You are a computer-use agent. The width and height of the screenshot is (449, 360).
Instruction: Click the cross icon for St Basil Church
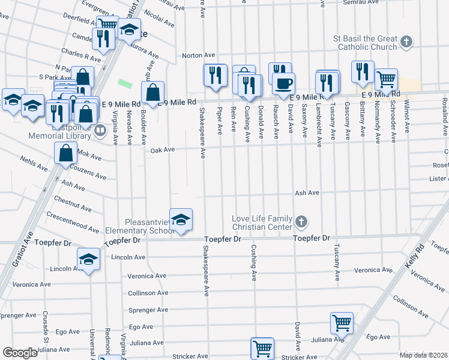pyautogui.click(x=407, y=42)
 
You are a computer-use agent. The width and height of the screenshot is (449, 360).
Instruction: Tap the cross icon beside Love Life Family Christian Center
pyautogui.click(x=301, y=223)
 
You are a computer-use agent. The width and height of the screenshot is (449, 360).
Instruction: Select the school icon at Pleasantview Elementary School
pyautogui.click(x=180, y=220)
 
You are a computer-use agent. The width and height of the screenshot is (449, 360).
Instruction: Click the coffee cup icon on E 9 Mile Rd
pyautogui.click(x=284, y=82)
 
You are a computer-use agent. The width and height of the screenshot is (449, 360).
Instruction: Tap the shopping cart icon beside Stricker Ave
pyautogui.click(x=262, y=347)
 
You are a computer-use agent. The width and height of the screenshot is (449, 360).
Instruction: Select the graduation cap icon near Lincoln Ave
pyautogui.click(x=88, y=259)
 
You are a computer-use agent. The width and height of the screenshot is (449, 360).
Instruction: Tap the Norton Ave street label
pyautogui.click(x=198, y=55)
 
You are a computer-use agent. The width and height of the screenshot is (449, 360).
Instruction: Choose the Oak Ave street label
pyautogui.click(x=162, y=150)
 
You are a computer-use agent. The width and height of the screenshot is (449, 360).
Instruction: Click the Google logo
pyautogui.click(x=20, y=352)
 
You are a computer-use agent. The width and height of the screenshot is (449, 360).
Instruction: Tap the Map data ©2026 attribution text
pyautogui.click(x=423, y=355)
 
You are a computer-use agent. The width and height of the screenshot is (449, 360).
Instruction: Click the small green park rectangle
pyautogui.click(x=125, y=83)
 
